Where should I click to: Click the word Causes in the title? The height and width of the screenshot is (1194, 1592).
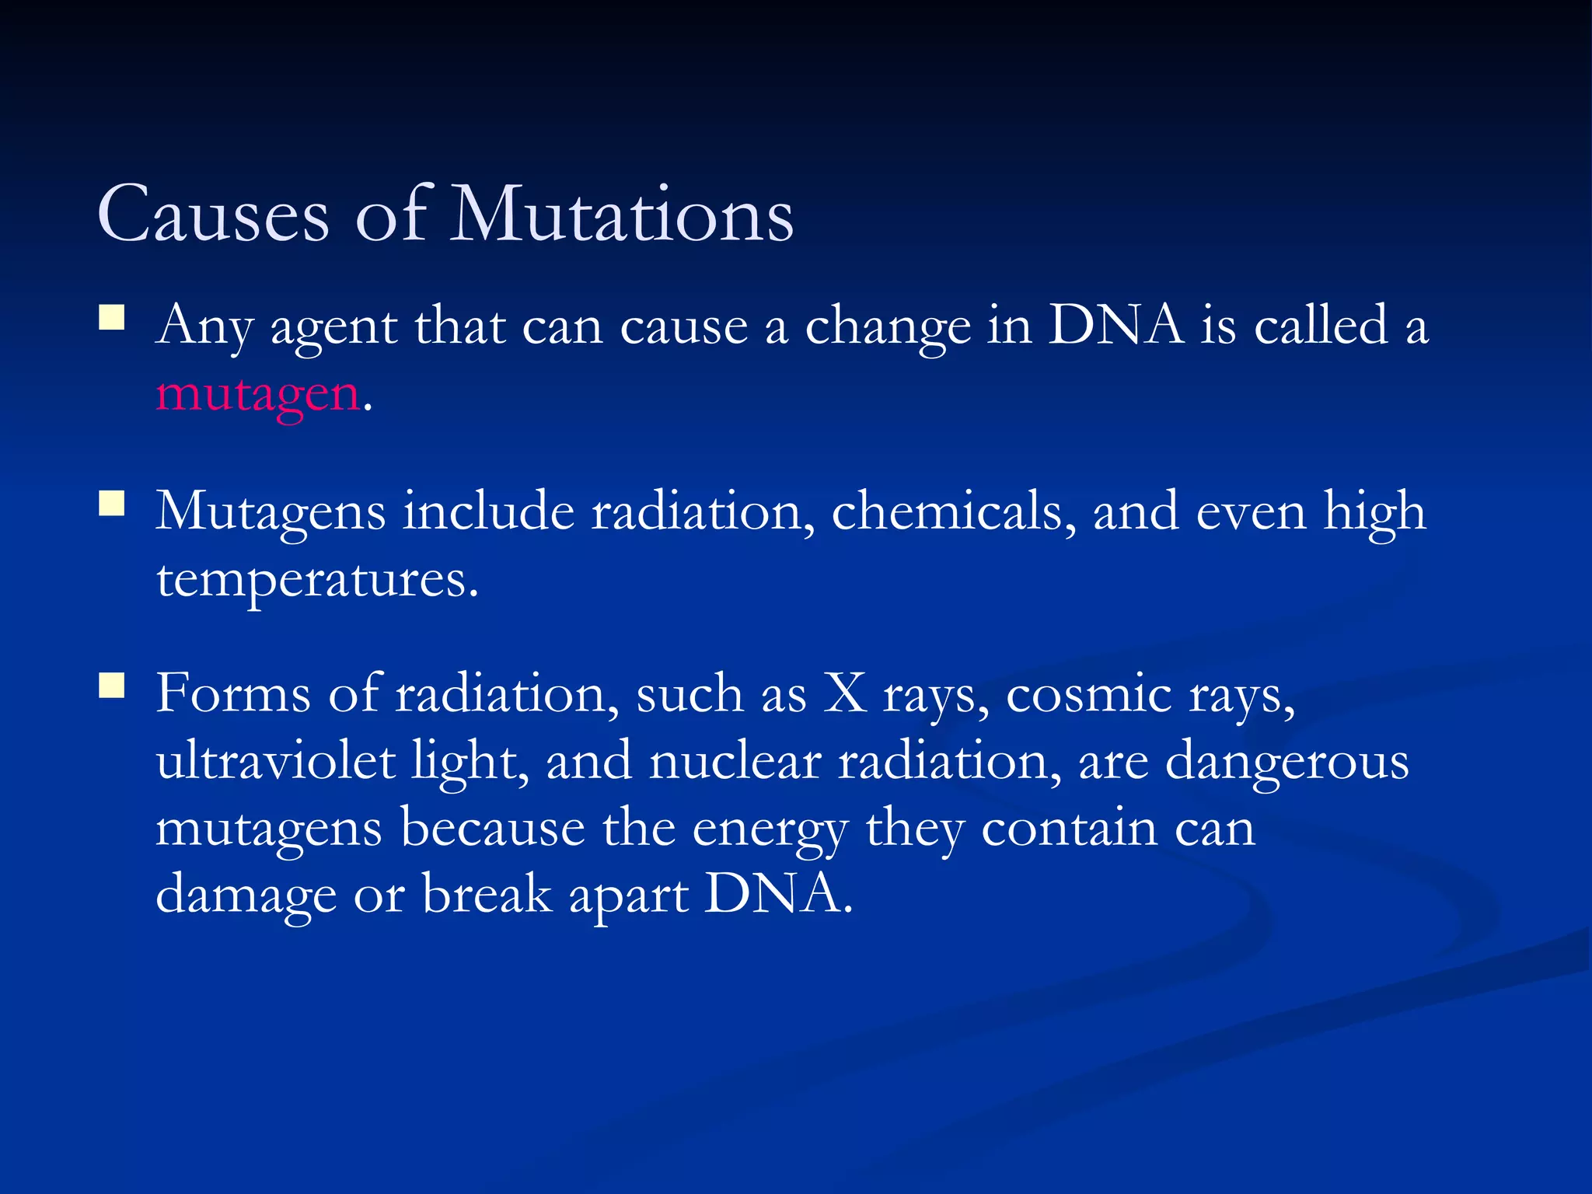(214, 215)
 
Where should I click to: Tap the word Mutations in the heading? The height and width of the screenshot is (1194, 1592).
(622, 215)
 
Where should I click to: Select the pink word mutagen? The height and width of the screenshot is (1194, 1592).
(257, 395)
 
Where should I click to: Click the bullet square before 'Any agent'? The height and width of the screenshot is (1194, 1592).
(112, 319)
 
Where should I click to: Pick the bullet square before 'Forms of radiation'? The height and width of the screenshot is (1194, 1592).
(112, 686)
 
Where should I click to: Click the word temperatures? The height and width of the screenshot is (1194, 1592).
(316, 580)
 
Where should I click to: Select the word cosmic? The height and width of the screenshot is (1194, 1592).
(1088, 694)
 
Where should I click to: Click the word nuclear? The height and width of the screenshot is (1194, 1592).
(735, 762)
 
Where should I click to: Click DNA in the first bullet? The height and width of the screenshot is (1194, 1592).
(1115, 325)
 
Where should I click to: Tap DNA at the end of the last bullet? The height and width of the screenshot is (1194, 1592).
(773, 895)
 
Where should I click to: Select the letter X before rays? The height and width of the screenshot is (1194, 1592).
(845, 693)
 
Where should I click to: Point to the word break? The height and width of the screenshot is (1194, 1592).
(486, 895)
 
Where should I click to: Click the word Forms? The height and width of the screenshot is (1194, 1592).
(233, 693)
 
